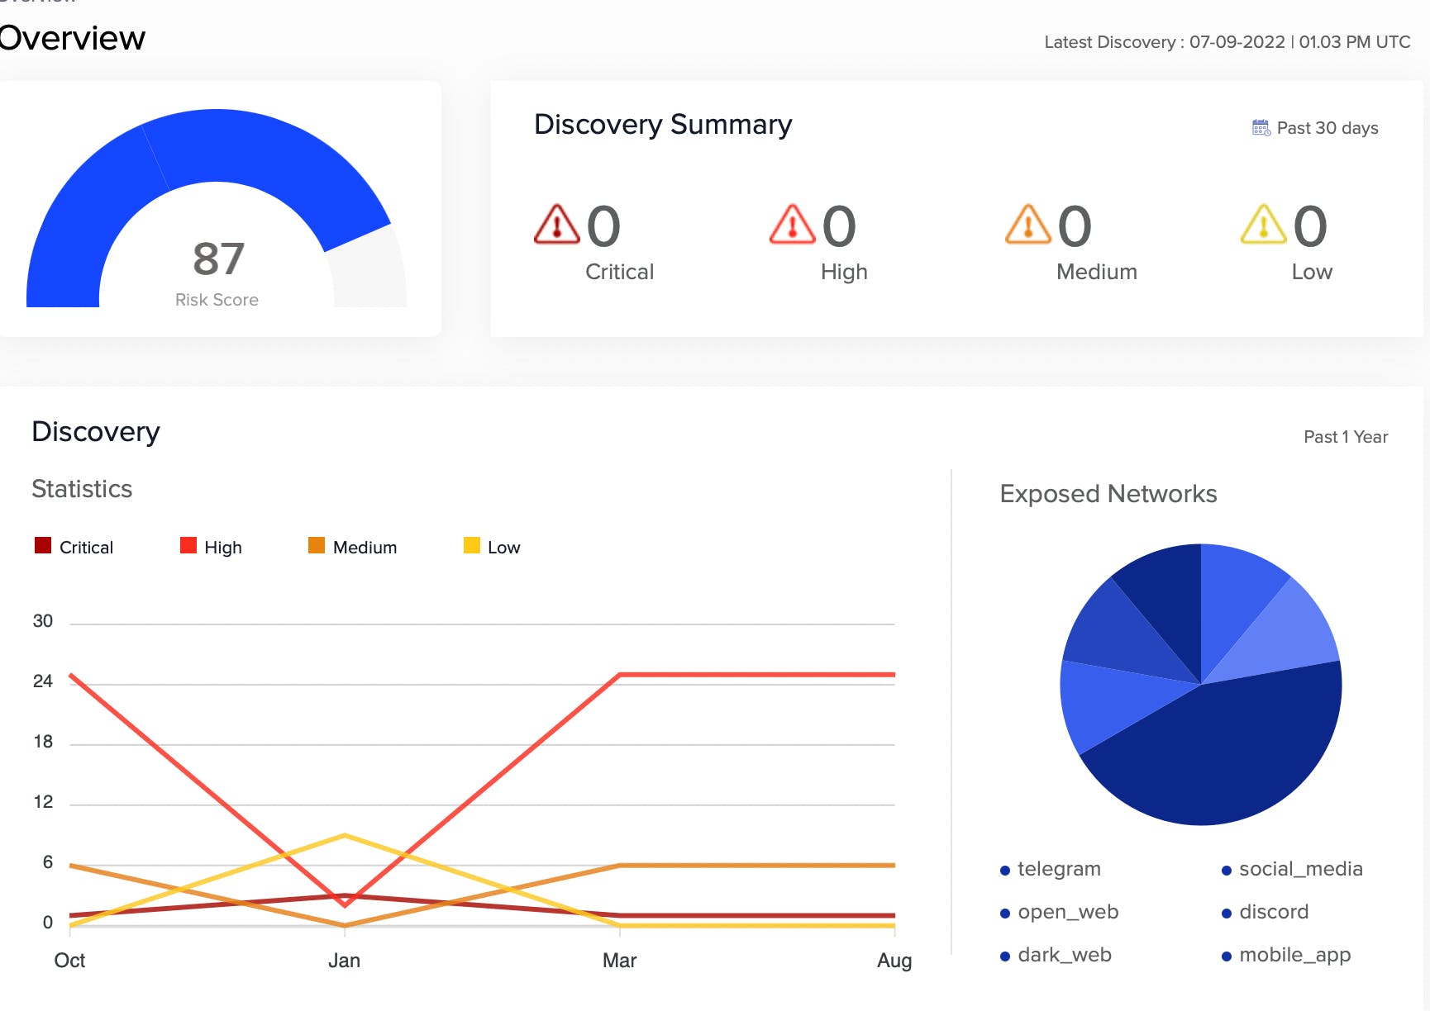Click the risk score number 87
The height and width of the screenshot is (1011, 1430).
(219, 259)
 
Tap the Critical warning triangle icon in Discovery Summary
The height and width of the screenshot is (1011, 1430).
(557, 225)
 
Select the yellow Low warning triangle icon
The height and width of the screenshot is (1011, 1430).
(1264, 225)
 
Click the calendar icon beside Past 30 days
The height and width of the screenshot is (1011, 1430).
(1261, 128)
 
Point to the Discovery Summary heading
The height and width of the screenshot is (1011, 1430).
(663, 125)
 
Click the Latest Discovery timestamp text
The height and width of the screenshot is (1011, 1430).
(1227, 42)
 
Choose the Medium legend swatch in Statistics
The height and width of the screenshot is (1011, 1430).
(317, 545)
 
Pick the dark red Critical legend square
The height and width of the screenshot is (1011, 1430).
(43, 545)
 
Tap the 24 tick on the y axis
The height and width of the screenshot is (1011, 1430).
(43, 681)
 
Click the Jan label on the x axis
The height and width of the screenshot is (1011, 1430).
(344, 961)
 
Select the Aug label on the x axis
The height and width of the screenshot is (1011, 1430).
(894, 961)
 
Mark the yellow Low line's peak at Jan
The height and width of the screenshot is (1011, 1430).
(345, 835)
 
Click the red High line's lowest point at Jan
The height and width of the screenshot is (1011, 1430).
(345, 905)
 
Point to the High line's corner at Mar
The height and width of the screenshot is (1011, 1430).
(620, 675)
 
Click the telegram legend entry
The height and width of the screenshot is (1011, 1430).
(1051, 869)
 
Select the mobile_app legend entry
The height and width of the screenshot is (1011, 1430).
(1286, 955)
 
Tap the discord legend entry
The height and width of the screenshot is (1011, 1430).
(1266, 912)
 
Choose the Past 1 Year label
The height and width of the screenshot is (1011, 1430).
(1346, 437)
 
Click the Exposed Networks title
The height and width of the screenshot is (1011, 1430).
(1108, 494)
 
